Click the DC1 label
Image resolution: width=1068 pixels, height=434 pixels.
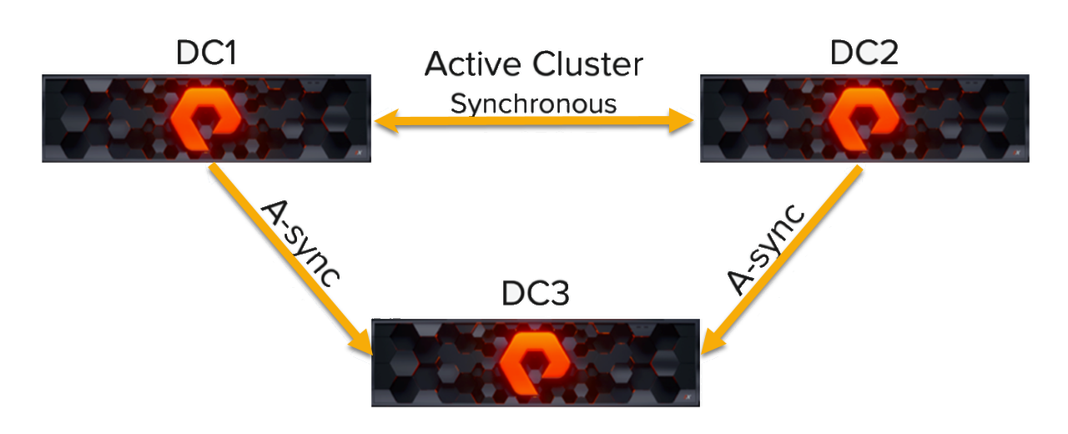point(206,53)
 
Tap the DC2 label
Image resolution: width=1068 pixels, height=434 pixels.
point(864,53)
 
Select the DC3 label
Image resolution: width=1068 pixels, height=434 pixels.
point(535,297)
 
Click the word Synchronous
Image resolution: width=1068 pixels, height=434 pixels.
point(534,103)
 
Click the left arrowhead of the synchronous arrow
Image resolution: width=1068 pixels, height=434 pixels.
point(384,123)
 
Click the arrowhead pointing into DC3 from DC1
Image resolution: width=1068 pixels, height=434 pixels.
point(363,344)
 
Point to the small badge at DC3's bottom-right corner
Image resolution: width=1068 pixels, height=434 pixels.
point(686,397)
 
